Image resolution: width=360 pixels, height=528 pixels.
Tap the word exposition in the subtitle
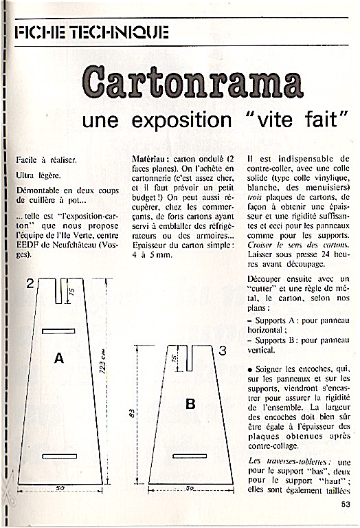click(181, 120)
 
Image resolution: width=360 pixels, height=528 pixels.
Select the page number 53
click(346, 504)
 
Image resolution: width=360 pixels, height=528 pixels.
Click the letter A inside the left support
click(59, 358)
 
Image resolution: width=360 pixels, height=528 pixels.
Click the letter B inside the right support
click(190, 404)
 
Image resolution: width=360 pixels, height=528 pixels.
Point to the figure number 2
click(30, 283)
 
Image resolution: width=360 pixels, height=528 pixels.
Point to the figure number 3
click(223, 351)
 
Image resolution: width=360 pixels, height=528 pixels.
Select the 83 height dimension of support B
click(132, 413)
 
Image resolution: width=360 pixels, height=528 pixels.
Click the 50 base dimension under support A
click(60, 487)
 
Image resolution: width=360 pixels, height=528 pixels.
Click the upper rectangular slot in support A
click(58, 331)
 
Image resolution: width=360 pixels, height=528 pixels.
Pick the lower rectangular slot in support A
click(60, 456)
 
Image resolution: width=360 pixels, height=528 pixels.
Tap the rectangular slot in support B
click(190, 456)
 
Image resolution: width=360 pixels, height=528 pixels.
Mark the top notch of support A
click(58, 291)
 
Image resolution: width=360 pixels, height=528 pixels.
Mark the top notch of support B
click(189, 358)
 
